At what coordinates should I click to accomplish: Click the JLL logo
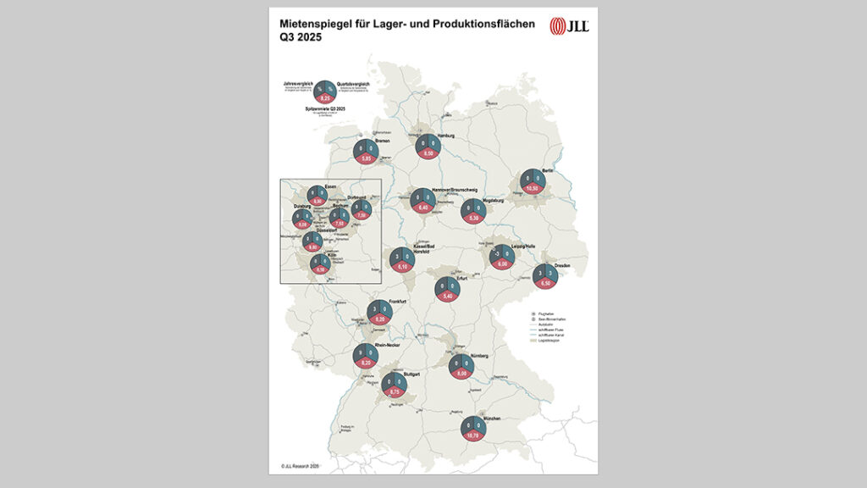tap(569, 26)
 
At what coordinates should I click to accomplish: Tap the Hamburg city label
tap(447, 136)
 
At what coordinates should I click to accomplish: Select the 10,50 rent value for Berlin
tap(533, 187)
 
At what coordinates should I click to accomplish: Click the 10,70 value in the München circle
tap(472, 435)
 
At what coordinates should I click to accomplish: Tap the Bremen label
tap(383, 141)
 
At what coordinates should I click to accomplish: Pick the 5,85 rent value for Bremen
tap(367, 158)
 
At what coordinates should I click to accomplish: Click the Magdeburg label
tap(493, 201)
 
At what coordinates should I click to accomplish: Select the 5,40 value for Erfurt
tap(447, 296)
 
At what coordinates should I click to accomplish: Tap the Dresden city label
tap(562, 266)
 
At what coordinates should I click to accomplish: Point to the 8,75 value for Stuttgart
tap(395, 391)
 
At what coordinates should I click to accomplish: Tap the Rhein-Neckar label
tap(386, 345)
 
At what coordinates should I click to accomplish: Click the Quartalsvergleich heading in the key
tap(354, 84)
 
